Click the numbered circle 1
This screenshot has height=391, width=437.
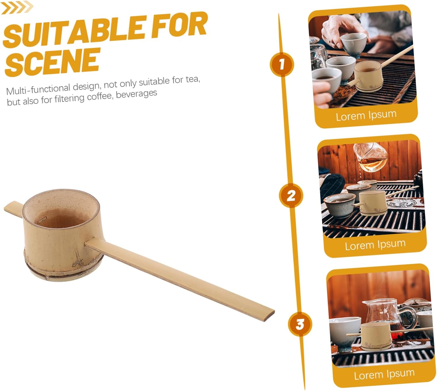tap(282, 64)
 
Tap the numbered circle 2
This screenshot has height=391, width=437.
tap(291, 196)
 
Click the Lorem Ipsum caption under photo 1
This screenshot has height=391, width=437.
tap(366, 116)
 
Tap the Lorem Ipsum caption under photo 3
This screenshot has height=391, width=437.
tap(384, 375)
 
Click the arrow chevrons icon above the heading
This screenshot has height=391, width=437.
tap(17, 8)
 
